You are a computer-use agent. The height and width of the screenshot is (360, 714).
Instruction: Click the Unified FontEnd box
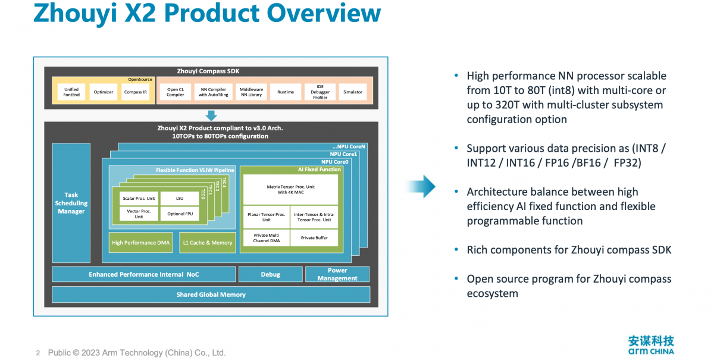71,92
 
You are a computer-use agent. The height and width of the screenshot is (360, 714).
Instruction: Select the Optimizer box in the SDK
104,92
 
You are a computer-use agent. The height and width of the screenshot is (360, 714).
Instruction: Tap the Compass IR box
136,92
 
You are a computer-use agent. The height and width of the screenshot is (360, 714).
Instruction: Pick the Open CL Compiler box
176,92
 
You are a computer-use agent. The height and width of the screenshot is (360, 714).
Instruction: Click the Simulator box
352,92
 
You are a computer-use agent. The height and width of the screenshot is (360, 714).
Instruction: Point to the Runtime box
286,92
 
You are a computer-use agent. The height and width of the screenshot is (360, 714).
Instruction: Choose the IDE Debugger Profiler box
320,92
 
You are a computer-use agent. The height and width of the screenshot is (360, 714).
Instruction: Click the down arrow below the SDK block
211,115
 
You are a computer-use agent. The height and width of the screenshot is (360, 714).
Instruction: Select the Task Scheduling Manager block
71,203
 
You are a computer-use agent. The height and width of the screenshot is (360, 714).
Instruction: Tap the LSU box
180,198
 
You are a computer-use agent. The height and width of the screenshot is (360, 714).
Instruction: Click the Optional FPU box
180,214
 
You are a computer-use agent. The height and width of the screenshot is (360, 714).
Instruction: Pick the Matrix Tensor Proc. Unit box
290,189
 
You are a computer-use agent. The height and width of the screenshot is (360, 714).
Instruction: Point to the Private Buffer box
314,238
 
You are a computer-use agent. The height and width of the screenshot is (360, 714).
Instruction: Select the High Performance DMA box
140,243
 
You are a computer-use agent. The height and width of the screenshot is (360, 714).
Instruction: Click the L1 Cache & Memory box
208,243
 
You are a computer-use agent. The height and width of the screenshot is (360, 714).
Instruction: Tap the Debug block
271,274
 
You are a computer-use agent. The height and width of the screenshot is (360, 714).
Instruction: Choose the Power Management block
337,274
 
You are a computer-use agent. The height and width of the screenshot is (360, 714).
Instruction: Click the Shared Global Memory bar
211,295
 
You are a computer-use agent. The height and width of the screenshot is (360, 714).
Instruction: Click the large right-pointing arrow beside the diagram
421,186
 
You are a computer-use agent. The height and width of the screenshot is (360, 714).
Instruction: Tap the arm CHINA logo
651,345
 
